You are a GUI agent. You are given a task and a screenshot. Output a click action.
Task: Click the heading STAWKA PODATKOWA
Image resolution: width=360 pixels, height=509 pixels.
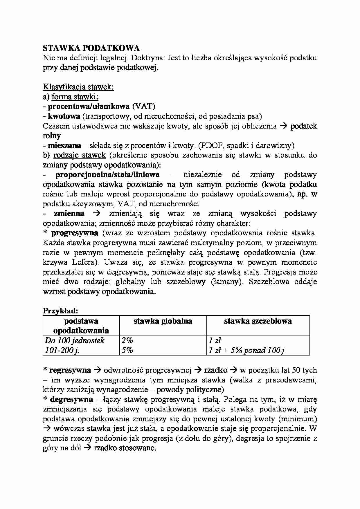[x=91, y=48]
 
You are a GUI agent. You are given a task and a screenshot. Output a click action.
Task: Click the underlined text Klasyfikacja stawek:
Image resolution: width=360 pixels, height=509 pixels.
[x=78, y=87]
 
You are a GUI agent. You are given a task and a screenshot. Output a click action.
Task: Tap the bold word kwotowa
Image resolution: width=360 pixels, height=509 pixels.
[x=64, y=116]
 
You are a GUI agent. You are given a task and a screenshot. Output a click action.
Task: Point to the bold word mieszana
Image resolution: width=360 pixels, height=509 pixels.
[x=64, y=145]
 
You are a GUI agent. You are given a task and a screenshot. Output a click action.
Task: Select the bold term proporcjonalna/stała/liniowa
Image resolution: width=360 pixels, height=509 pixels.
[x=107, y=175]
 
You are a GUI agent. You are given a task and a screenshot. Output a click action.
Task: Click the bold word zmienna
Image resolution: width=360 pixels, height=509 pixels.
[x=69, y=214]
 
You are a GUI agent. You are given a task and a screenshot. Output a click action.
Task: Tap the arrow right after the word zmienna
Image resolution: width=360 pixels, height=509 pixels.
[x=96, y=214]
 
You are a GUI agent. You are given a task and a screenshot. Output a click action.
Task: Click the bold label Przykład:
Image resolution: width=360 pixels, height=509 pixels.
[x=60, y=311]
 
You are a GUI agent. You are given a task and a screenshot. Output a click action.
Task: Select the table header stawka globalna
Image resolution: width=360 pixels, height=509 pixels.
[x=163, y=321]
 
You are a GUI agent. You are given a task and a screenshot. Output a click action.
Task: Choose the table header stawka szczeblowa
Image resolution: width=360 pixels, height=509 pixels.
[x=258, y=321]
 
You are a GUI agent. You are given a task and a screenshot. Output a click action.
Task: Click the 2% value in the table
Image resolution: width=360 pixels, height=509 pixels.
[x=127, y=340]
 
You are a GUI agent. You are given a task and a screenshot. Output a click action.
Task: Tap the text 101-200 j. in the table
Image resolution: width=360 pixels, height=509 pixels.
[x=62, y=350]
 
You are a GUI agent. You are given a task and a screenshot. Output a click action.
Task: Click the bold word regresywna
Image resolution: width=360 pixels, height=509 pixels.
[x=70, y=370]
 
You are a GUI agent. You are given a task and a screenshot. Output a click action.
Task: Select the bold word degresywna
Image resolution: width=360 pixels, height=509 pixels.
[x=71, y=400]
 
